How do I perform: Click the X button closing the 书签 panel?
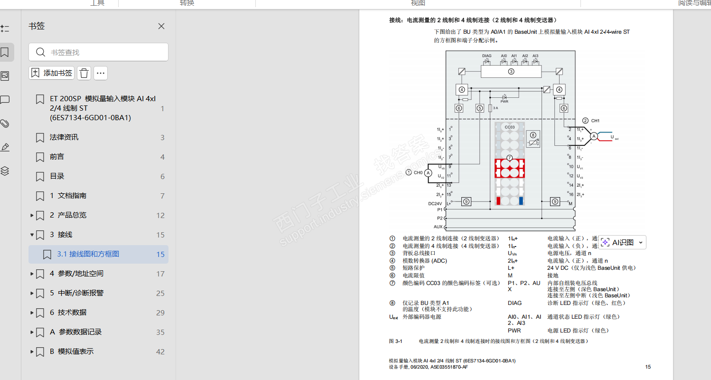point(161,26)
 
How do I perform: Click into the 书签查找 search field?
point(104,52)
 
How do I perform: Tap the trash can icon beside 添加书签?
point(84,73)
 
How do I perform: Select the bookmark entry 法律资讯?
point(64,137)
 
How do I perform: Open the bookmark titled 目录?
point(57,176)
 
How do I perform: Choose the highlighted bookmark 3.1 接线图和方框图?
point(88,254)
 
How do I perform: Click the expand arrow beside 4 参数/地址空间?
point(32,274)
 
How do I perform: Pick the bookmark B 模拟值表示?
point(75,351)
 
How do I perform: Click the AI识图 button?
point(622,242)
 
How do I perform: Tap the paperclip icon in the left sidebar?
point(5,123)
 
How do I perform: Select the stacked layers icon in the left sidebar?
point(5,171)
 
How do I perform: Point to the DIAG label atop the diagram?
point(486,56)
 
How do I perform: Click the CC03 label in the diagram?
point(509,127)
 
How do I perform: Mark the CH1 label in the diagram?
point(595,121)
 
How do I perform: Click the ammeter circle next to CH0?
point(428,173)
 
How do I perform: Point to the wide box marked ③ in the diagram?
point(511,72)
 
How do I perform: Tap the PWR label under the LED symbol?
point(504,102)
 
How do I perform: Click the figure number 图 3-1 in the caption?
point(395,341)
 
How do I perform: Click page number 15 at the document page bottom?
point(648,367)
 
